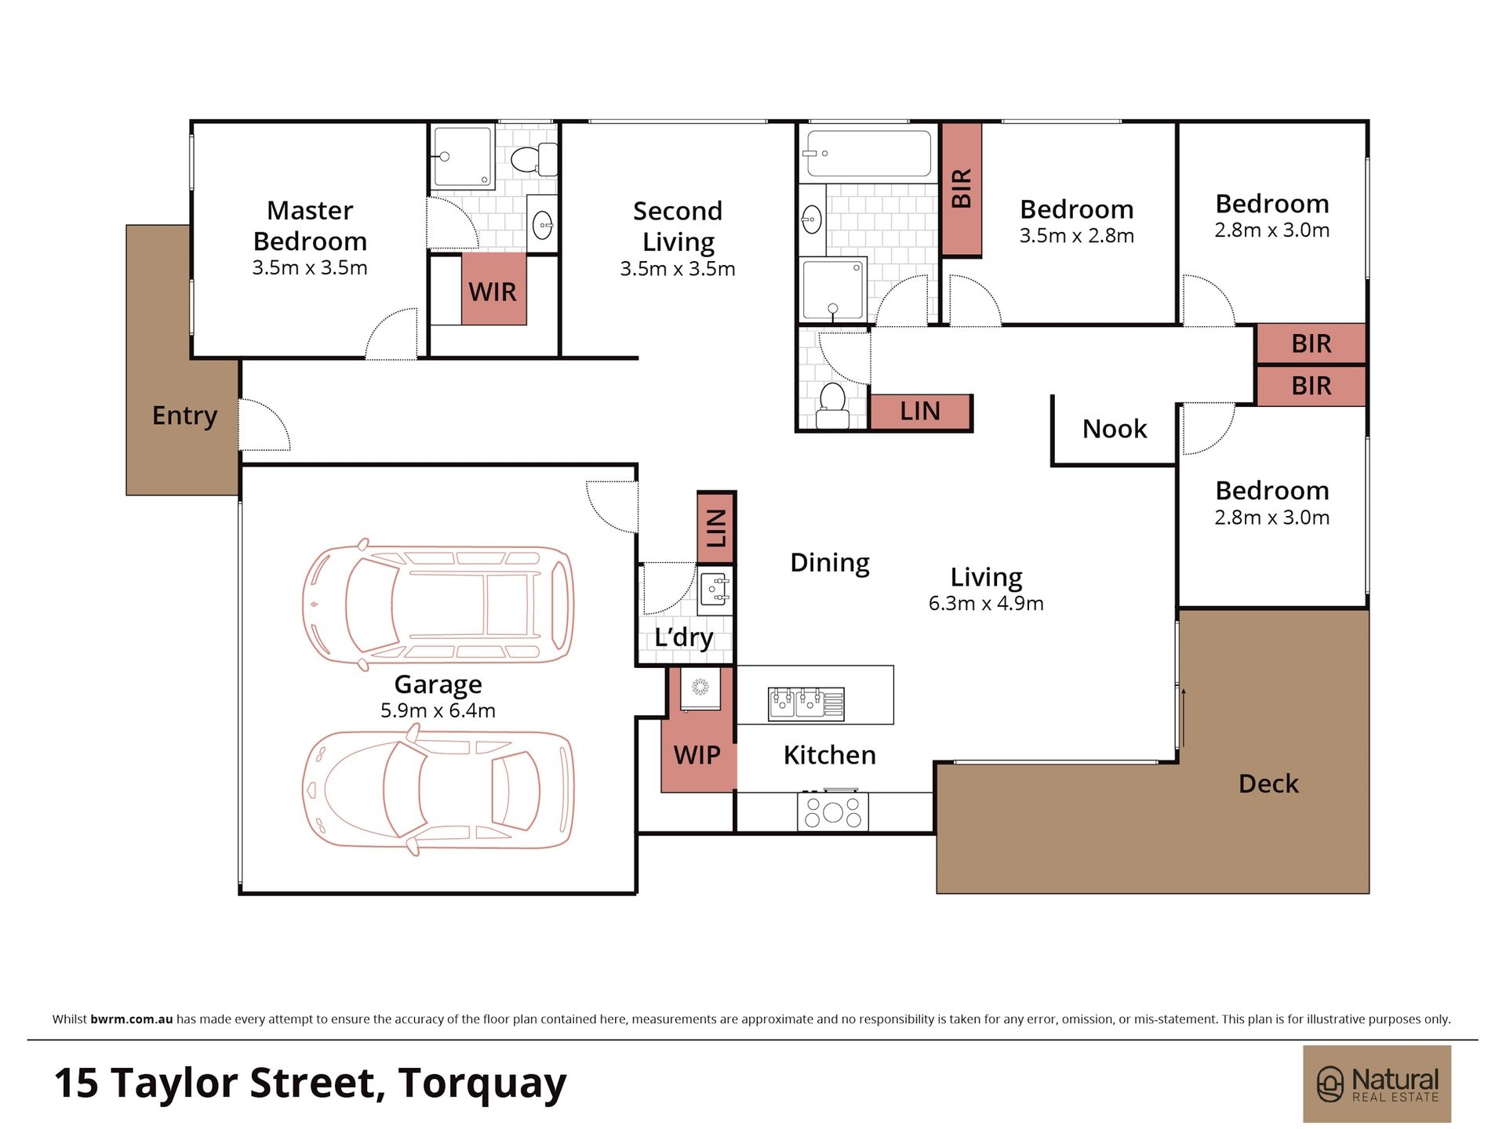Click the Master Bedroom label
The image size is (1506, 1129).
tap(310, 226)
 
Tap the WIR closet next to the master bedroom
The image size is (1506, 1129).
tap(493, 289)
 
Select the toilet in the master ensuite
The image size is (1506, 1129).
tap(534, 159)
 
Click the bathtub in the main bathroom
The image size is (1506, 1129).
tap(868, 153)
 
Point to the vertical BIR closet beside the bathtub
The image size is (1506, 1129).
tap(962, 189)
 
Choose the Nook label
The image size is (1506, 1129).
tap(1115, 429)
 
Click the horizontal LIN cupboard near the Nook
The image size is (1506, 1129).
tap(920, 411)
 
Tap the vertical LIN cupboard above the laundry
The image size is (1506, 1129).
tap(716, 528)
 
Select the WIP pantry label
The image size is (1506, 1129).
tap(697, 755)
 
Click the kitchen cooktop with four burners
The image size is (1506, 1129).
tap(833, 811)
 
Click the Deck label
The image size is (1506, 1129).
tap(1268, 783)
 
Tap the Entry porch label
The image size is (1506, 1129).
tap(184, 416)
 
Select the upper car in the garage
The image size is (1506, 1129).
tap(438, 604)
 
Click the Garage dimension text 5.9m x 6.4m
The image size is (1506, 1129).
tap(438, 710)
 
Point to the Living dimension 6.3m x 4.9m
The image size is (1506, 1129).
tap(986, 603)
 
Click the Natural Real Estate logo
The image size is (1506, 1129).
tap(1377, 1084)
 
